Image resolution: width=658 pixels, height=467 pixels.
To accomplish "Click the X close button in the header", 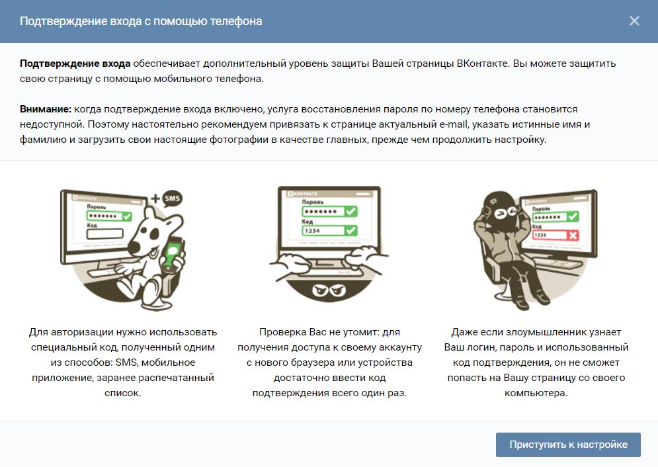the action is pos(634,21).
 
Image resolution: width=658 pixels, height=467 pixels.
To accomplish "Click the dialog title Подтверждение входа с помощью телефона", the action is pos(141,21).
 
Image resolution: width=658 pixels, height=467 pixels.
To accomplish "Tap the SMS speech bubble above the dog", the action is pos(172,198).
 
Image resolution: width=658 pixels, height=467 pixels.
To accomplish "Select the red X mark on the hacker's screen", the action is pos(573,235).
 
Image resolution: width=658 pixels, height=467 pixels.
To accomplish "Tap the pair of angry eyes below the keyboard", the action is pos(329,290).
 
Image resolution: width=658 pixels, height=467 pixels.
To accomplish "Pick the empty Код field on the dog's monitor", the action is pos(105,233).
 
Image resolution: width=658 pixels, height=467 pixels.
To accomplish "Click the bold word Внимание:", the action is pos(46,109).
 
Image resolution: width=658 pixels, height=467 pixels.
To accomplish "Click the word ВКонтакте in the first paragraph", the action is pos(483,64).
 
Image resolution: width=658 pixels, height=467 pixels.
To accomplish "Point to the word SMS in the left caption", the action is pos(126,362).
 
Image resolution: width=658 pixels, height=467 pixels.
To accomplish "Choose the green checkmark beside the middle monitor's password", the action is pos(350,211).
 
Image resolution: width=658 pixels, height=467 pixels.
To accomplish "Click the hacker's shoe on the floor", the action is pos(542,298).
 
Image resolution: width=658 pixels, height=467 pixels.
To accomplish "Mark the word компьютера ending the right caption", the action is pos(536,393).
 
